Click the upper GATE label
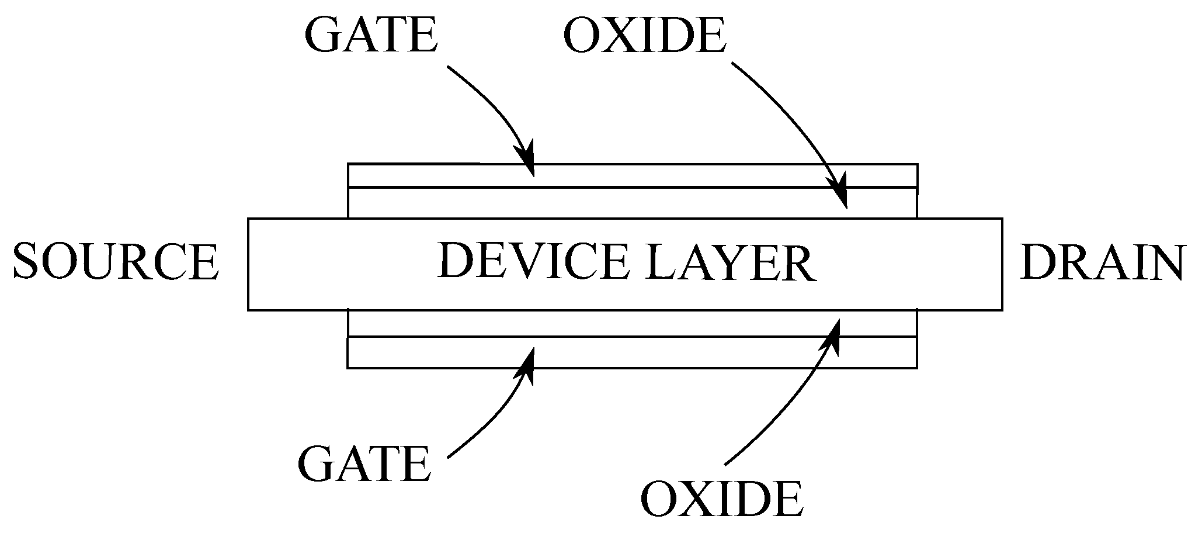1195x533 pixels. pos(370,35)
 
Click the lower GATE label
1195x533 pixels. pos(364,463)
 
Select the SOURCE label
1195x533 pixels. pos(116,262)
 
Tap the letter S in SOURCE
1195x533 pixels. pos(27,262)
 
